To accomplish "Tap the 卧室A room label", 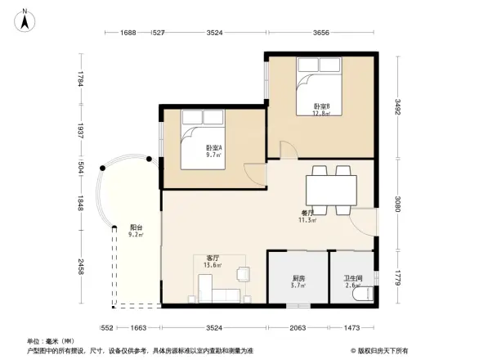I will tap(214, 151).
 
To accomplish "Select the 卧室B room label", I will tap(321, 110).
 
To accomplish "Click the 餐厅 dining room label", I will tap(307, 216).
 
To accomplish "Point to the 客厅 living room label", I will tap(212, 261).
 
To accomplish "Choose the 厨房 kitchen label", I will tap(298, 282).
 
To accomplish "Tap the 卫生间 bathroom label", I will tap(352, 282).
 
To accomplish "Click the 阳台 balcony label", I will tap(137, 231).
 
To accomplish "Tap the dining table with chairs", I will tap(330, 189).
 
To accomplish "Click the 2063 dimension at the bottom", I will tap(298, 327).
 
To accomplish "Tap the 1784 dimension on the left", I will tap(80, 79).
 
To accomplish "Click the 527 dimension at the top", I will tap(159, 34).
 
